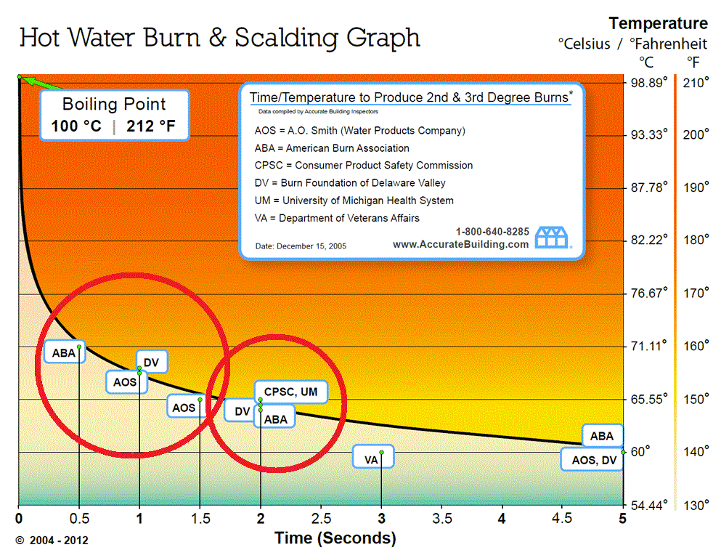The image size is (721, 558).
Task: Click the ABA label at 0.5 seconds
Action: pyautogui.click(x=63, y=353)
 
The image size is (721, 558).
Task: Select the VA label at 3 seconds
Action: pyautogui.click(x=371, y=459)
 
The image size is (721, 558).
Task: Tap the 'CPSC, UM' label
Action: pyautogui.click(x=290, y=392)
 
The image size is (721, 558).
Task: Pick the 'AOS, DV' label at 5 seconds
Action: pyautogui.click(x=594, y=459)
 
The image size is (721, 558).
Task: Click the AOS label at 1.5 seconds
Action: pyautogui.click(x=184, y=408)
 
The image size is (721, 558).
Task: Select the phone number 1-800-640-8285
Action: pyautogui.click(x=492, y=232)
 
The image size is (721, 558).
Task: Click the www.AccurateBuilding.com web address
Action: pyautogui.click(x=460, y=245)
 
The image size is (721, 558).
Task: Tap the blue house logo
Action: pyautogui.click(x=553, y=238)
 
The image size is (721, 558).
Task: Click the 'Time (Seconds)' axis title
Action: pyautogui.click(x=335, y=538)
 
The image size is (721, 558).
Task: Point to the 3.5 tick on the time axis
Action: pyautogui.click(x=442, y=519)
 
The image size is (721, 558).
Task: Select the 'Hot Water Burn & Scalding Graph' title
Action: pyautogui.click(x=219, y=37)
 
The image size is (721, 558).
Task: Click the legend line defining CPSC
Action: pyautogui.click(x=360, y=166)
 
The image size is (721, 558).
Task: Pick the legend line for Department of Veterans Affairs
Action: pyautogui.click(x=337, y=218)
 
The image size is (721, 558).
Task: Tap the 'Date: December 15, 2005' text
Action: pyautogui.click(x=301, y=246)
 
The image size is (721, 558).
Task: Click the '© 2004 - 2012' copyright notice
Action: pyautogui.click(x=52, y=541)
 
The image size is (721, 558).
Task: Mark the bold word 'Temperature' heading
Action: pyautogui.click(x=658, y=23)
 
